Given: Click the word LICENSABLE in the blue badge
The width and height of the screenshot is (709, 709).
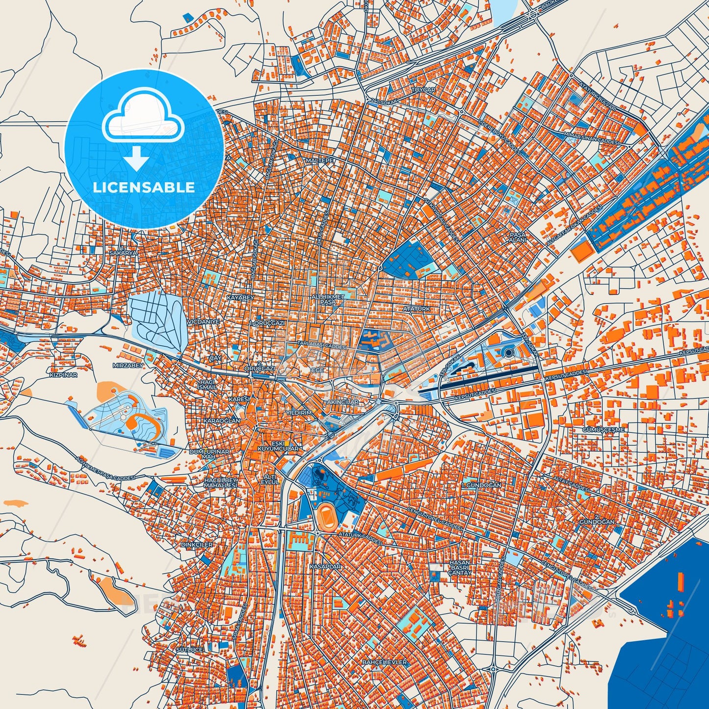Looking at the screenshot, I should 144,187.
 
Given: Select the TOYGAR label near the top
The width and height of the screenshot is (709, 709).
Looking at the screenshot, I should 423,90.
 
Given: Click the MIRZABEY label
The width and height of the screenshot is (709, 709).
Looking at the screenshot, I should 128,366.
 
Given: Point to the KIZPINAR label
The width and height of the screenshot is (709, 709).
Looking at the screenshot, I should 63,375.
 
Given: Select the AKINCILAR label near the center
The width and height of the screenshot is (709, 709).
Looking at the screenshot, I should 342,402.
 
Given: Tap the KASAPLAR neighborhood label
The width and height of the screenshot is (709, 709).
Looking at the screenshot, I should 325,566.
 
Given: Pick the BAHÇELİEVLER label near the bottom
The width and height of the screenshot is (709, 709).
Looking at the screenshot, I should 384,662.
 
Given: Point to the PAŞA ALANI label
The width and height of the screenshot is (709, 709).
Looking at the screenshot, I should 518,237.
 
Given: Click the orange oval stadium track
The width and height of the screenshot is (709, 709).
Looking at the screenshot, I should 325,517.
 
